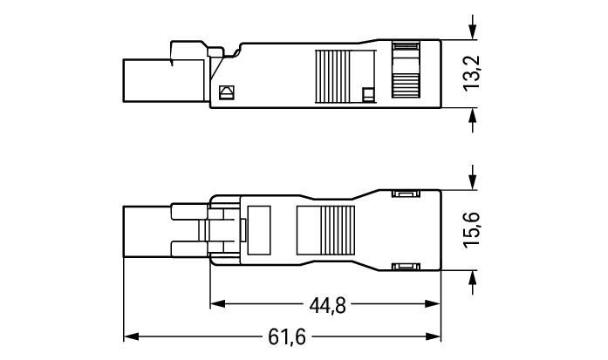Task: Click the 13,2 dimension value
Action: (x=472, y=73)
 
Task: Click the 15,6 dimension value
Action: (x=472, y=229)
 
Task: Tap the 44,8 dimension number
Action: (x=327, y=306)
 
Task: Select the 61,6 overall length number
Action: (x=287, y=336)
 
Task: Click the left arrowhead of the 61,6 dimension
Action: (x=131, y=336)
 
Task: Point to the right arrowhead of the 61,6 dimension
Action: (x=434, y=336)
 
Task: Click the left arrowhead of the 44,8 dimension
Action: (x=218, y=303)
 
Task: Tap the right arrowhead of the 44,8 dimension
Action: (x=434, y=303)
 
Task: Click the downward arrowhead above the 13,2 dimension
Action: (x=472, y=32)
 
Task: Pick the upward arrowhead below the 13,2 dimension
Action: (x=472, y=115)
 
